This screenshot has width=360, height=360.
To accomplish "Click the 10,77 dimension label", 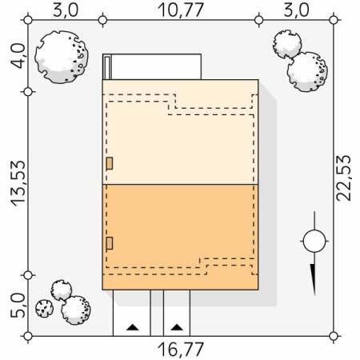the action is (x=181, y=10).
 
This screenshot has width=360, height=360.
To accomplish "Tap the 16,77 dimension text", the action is (x=181, y=350).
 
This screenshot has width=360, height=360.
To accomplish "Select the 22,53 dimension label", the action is (x=343, y=178).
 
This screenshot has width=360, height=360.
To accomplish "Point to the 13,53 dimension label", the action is (x=18, y=183).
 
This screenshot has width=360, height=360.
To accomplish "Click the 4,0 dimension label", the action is (x=18, y=56).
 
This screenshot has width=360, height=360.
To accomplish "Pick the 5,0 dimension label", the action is (x=18, y=306).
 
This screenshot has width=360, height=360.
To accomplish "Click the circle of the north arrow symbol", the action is (x=314, y=241).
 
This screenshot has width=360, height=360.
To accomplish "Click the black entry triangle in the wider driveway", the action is (x=132, y=327).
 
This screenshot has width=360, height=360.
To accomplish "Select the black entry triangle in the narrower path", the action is (x=177, y=327).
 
